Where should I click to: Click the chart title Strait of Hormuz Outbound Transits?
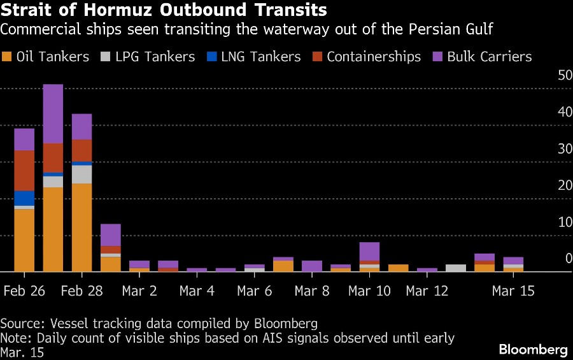pos(164,11)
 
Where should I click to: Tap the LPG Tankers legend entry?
pos(149,57)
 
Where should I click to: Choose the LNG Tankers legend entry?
pos(254,57)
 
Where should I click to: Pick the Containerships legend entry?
pos(367,57)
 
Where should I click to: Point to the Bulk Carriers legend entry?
pos(482,57)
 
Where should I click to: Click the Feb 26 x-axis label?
pos(24,291)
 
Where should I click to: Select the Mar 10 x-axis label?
pos(369,291)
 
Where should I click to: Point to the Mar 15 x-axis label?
pos(513,291)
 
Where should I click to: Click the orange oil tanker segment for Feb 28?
pos(81,227)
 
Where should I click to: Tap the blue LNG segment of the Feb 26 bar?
pos(24,198)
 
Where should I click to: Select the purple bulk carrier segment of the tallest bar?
pos(53,113)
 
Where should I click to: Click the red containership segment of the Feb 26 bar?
pos(24,171)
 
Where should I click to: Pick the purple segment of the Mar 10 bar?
pos(369,251)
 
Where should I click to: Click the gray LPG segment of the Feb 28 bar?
pos(81,174)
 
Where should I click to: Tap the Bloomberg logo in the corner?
pos(533,349)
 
